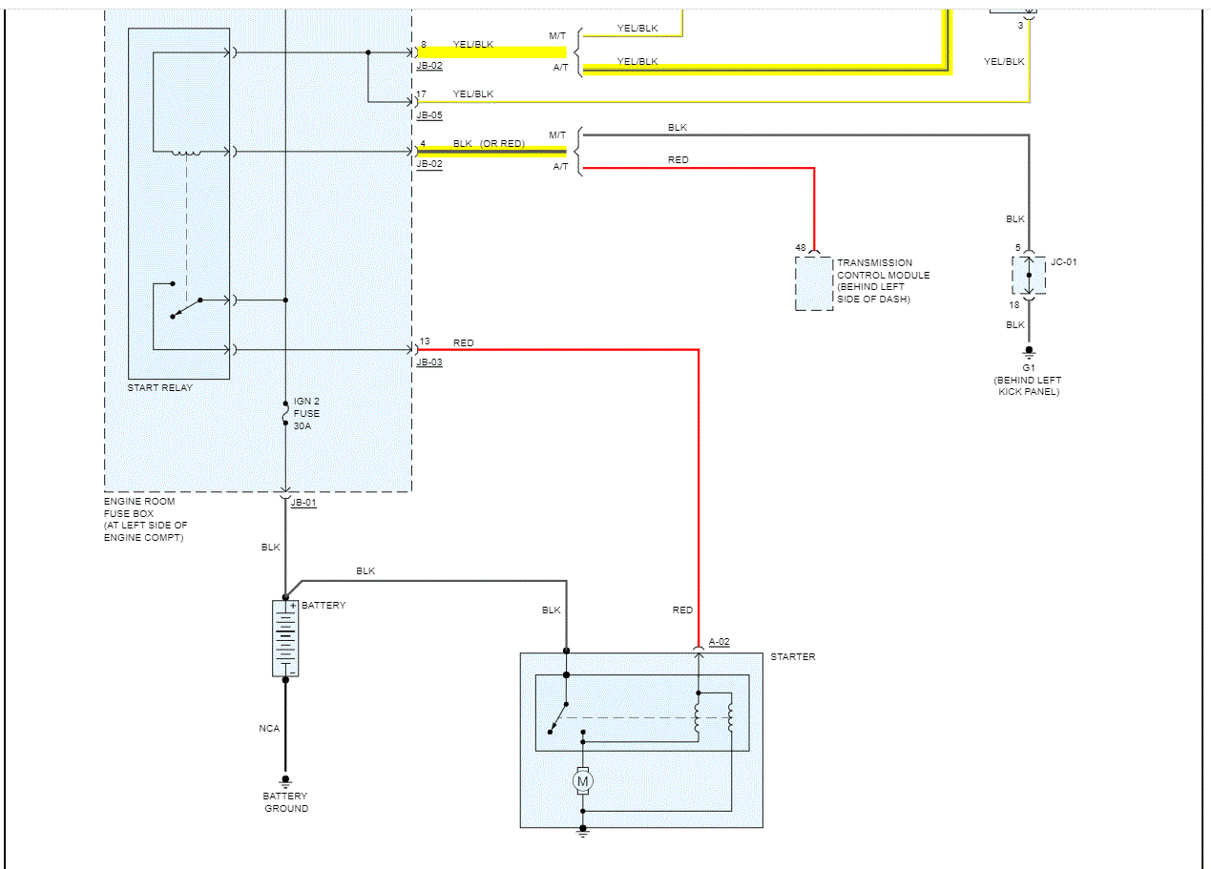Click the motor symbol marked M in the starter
point(582,781)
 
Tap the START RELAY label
point(160,388)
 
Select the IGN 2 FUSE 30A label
point(306,414)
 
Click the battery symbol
point(285,638)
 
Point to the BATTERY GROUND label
point(286,802)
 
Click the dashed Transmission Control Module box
point(814,283)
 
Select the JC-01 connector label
point(1063,261)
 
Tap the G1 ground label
point(1028,367)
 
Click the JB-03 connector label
point(429,362)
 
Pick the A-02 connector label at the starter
point(719,642)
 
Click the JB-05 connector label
point(429,114)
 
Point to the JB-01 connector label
point(303,503)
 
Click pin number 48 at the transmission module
point(801,248)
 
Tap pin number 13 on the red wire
point(425,341)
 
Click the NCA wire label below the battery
point(269,729)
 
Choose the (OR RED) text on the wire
point(502,144)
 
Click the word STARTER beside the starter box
point(792,657)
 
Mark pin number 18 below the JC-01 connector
point(1013,305)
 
